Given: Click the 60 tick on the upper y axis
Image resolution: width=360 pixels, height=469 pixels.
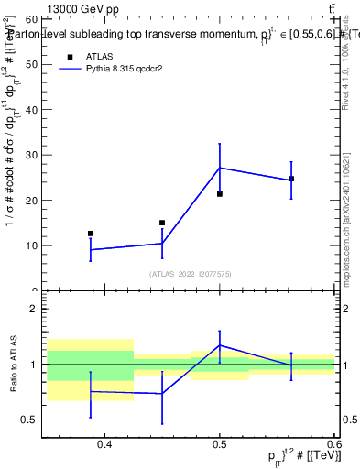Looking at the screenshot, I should (31, 19).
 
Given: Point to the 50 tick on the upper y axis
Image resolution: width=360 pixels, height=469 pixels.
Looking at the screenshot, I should (31, 64).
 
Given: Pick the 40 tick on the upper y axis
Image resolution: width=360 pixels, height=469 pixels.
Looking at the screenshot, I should (31, 110).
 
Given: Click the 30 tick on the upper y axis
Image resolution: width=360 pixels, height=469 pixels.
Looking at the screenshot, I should (31, 155).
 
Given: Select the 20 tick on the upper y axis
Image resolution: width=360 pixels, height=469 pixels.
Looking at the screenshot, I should (31, 201).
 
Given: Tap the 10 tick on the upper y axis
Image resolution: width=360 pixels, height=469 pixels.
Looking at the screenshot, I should (31, 245).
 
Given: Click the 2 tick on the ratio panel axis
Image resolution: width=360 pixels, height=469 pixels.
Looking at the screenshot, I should (34, 309).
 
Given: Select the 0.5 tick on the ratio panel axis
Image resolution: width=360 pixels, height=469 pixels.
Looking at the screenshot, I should (31, 420).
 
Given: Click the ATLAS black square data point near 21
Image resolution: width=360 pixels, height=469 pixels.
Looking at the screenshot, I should (220, 194).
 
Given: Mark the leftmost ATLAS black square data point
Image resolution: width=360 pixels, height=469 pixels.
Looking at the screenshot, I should (90, 234).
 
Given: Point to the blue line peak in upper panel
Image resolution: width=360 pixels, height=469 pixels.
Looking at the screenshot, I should (220, 168).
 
